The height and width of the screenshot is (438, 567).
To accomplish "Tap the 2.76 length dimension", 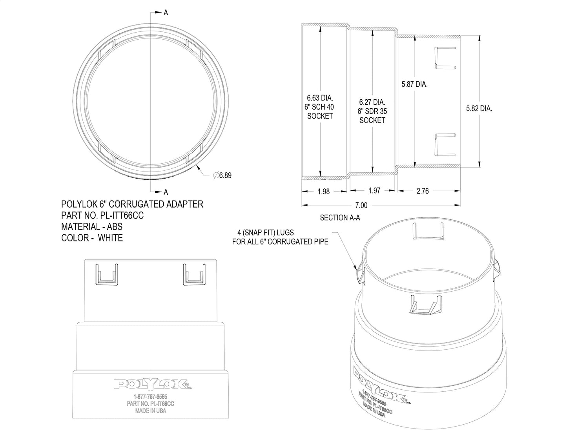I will [422, 191].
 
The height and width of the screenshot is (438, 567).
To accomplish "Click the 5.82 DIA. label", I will [479, 109].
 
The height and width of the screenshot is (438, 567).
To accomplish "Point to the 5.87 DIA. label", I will [414, 84].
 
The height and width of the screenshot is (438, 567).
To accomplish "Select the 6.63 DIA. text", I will [320, 98].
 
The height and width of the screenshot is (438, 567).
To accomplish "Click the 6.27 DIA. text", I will [372, 102].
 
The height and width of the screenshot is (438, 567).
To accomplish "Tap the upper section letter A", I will [166, 13].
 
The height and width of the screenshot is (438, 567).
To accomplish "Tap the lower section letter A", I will [166, 192].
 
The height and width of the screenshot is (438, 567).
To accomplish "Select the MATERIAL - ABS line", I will [92, 227].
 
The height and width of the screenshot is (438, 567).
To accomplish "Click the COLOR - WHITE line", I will [92, 238].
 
